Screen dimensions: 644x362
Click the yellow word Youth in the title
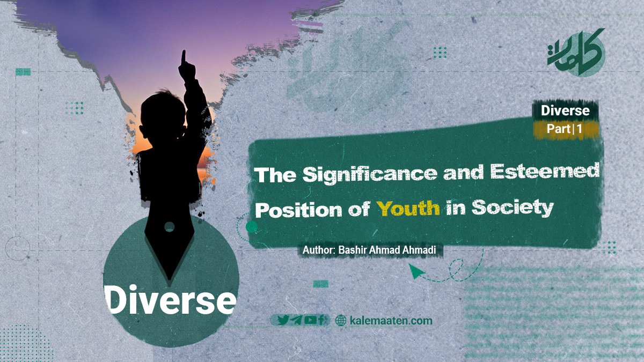pyautogui.click(x=408, y=209)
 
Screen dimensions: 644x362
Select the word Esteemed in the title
pyautogui.click(x=545, y=171)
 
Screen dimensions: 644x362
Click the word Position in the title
pyautogui.click(x=299, y=210)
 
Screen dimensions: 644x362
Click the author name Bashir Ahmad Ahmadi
pyautogui.click(x=387, y=250)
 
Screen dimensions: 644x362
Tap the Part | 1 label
pyautogui.click(x=565, y=129)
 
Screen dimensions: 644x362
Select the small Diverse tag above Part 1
pyautogui.click(x=565, y=110)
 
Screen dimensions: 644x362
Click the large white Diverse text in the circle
pyautogui.click(x=170, y=300)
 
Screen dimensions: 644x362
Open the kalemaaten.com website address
pyautogui.click(x=391, y=321)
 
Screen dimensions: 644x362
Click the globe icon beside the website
pyautogui.click(x=341, y=320)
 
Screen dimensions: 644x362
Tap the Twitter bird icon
pyautogui.click(x=283, y=320)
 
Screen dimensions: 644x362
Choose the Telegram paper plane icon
pyautogui.click(x=296, y=320)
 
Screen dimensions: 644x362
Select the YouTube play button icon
pyautogui.click(x=310, y=320)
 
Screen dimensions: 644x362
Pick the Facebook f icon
pyautogui.click(x=321, y=320)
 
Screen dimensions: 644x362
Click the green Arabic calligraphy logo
pyautogui.click(x=576, y=53)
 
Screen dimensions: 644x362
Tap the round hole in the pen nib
pyautogui.click(x=170, y=227)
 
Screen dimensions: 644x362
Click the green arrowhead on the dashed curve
pyautogui.click(x=416, y=271)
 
